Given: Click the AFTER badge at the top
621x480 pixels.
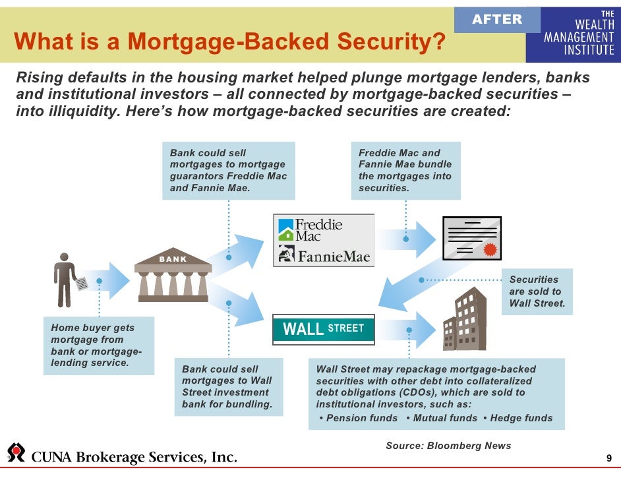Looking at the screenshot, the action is [497, 20].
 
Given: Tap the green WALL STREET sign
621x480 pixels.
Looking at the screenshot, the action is [324, 328].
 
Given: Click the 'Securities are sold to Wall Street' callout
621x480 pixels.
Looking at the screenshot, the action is [537, 291].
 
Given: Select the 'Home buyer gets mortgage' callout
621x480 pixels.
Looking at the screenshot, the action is [98, 345].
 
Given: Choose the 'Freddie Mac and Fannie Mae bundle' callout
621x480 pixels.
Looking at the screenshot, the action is [405, 170].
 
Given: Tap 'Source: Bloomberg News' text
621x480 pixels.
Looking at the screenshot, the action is [448, 446].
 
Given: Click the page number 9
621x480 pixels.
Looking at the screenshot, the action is [608, 459].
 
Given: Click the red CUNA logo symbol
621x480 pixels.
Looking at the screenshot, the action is [15, 452].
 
